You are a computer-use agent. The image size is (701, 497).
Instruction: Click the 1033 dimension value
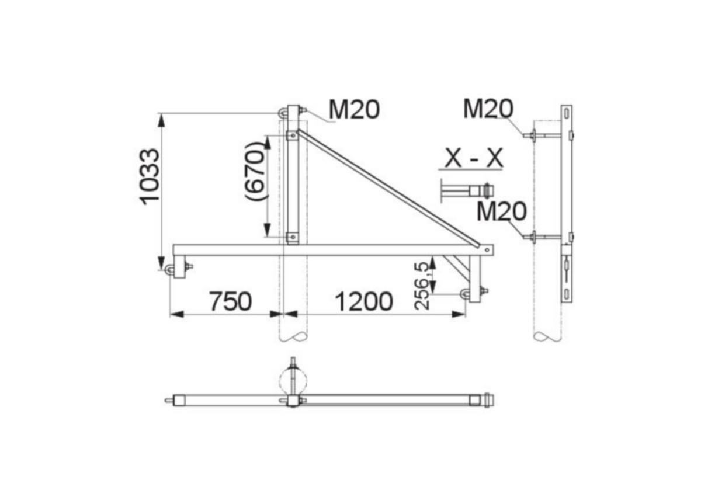[150, 177]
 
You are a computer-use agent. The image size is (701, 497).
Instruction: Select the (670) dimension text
[255, 171]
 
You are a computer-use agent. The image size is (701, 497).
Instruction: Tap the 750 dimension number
[230, 301]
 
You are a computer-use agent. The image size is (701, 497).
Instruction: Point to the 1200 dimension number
[363, 301]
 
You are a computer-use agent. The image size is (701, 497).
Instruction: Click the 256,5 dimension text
[422, 286]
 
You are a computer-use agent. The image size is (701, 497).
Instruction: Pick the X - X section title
[474, 158]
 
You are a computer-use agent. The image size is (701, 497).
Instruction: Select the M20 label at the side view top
[488, 109]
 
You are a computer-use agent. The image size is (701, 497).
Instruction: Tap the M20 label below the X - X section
[502, 211]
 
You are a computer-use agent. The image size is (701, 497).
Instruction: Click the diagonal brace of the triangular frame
[388, 188]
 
